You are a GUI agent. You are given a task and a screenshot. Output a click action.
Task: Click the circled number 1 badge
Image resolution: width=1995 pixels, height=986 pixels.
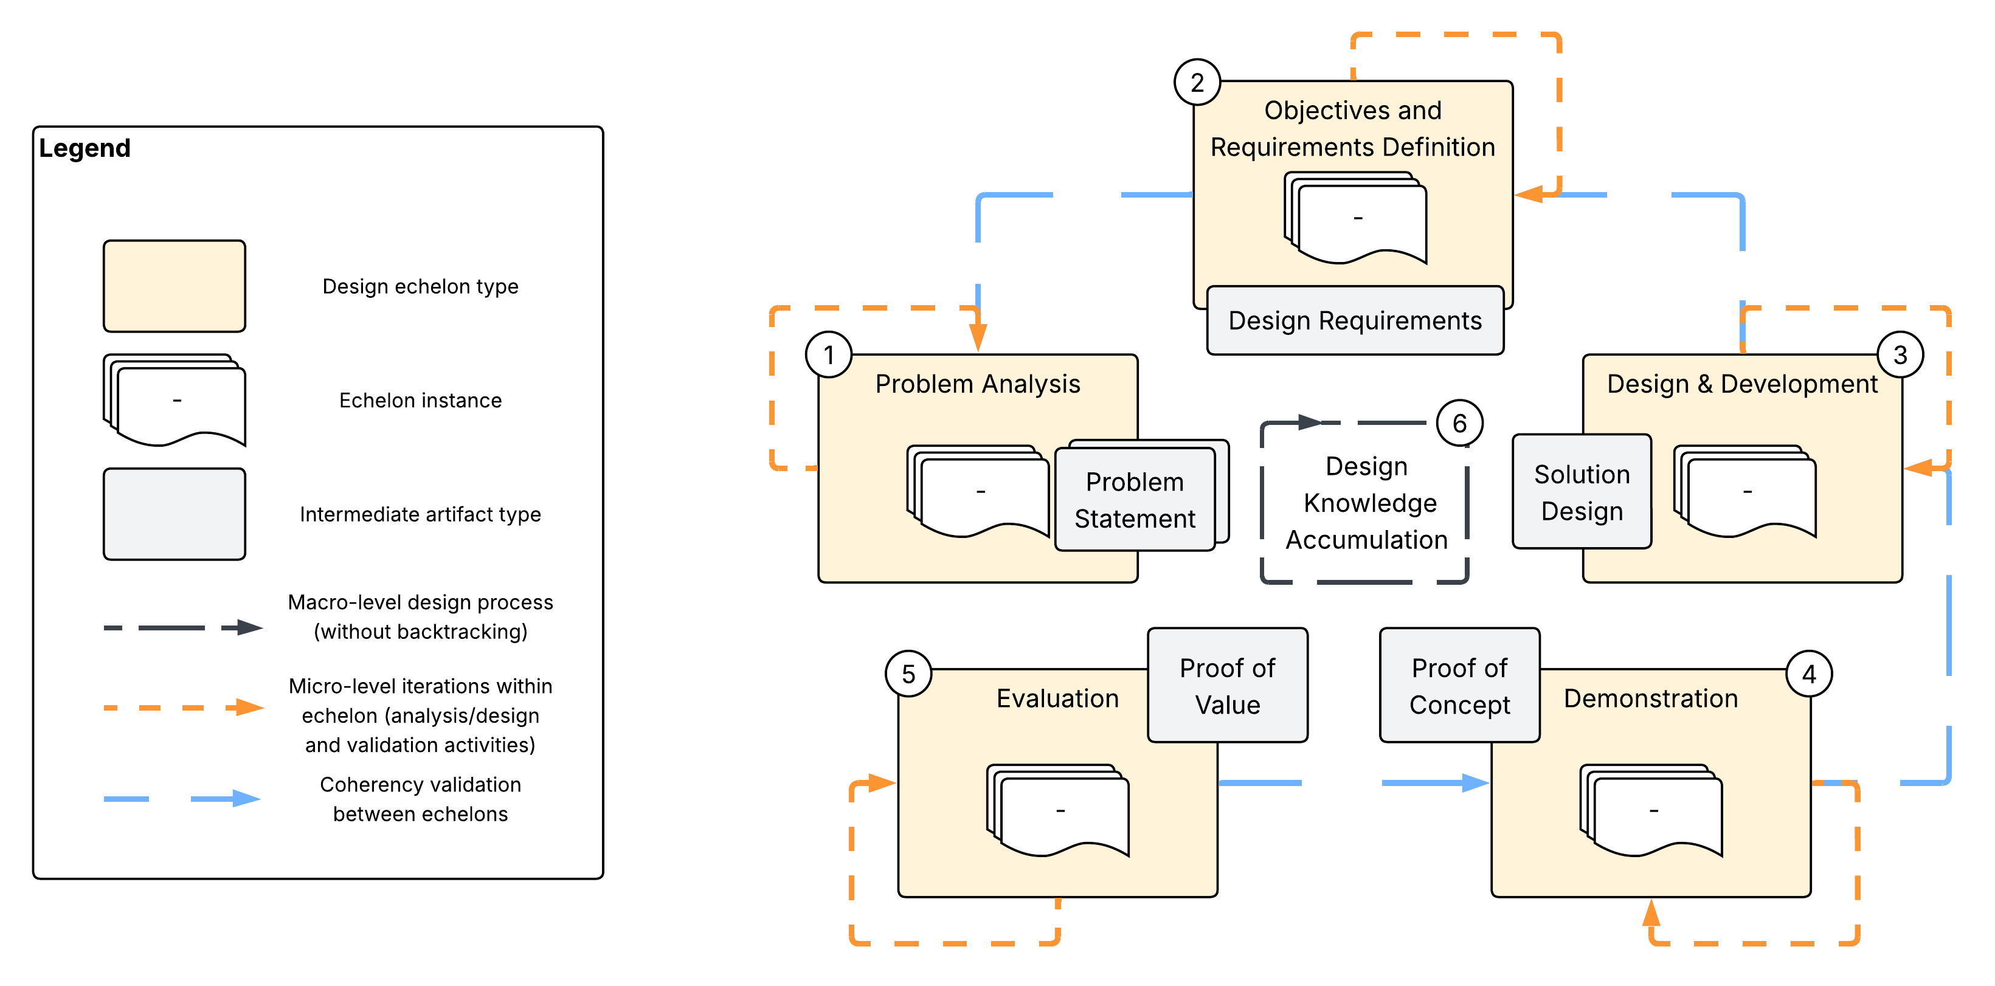[x=829, y=355]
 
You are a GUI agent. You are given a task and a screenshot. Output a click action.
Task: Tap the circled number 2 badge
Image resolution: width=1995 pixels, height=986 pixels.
[x=1197, y=82]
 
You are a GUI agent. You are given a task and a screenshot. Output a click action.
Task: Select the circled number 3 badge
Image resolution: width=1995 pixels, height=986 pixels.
[x=1900, y=355]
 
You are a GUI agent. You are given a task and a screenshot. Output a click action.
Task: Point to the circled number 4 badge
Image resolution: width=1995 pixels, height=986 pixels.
[x=1808, y=674]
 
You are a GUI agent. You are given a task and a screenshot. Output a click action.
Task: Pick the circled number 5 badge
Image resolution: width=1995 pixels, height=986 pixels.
[x=908, y=674]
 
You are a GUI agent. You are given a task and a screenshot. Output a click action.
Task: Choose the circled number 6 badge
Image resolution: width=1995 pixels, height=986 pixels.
[x=1460, y=423]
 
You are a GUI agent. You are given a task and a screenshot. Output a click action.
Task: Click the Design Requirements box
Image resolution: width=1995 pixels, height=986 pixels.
[x=1355, y=320]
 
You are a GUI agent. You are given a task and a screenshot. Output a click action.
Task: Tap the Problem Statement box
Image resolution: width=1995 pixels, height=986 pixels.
[x=1135, y=500]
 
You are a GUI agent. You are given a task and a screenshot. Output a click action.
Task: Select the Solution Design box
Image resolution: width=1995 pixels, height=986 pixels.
[x=1582, y=492]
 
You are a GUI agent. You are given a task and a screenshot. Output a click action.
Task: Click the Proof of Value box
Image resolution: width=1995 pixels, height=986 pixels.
[x=1227, y=686]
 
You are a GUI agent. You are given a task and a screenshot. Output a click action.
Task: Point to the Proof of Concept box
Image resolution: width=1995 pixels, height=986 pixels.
[x=1460, y=686]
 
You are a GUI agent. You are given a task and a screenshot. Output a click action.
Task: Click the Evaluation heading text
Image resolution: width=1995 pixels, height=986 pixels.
[x=1057, y=698]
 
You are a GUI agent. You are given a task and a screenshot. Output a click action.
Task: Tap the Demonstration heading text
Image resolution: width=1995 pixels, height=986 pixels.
[x=1650, y=698]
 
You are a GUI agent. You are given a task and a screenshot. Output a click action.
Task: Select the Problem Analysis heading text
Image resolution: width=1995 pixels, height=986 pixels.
[x=977, y=384]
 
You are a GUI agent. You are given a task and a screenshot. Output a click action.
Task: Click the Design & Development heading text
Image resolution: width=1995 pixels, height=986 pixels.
[x=1742, y=384]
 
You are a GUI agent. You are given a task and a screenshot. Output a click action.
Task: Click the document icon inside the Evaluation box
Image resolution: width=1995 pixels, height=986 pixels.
[x=1058, y=810]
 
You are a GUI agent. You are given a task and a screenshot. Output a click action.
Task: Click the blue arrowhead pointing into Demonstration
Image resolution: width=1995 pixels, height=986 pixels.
[x=1475, y=783]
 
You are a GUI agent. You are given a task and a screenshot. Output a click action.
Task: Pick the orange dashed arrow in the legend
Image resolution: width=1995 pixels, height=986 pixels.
[x=184, y=707]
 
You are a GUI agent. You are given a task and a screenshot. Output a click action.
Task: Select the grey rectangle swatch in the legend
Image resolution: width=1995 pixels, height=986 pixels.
[x=175, y=514]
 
